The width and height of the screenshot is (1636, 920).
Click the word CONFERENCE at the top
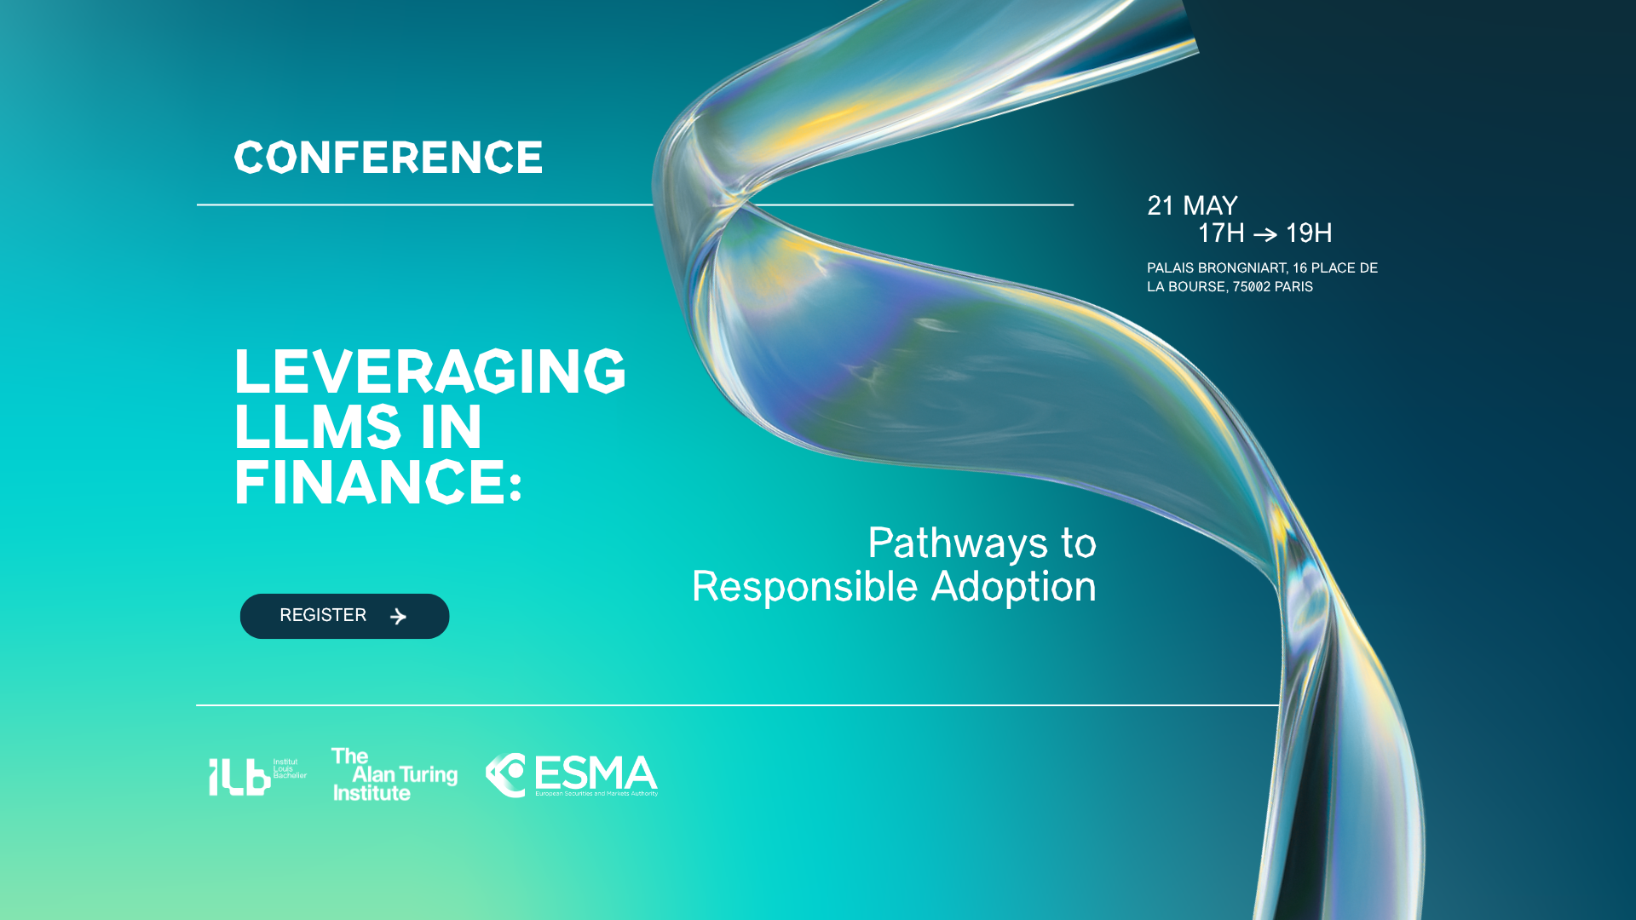(389, 158)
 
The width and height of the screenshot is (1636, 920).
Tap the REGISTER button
(344, 616)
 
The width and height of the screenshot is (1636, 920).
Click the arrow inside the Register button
(398, 616)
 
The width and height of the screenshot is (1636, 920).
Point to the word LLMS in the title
(317, 427)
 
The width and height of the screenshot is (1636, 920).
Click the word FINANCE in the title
(370, 483)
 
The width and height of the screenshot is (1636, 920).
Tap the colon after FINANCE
(515, 487)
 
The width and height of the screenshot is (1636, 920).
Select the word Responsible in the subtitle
(805, 588)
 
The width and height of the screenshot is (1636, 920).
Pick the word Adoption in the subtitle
(1014, 588)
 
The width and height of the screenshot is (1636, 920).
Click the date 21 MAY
(1192, 206)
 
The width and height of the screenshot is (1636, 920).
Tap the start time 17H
(1221, 233)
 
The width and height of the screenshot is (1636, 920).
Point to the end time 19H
(1309, 233)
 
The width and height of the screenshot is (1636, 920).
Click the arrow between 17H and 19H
(1265, 234)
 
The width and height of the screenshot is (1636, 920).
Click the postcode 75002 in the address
(1251, 287)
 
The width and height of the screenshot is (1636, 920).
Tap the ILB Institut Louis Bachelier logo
(257, 776)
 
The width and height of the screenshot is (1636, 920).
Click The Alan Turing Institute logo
(395, 774)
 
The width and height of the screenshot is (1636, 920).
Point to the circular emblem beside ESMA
(504, 775)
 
